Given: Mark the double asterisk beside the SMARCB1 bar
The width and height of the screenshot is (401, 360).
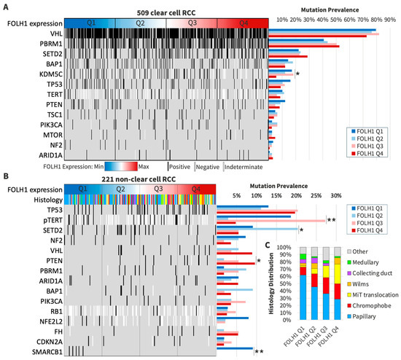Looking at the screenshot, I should coord(258,351).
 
